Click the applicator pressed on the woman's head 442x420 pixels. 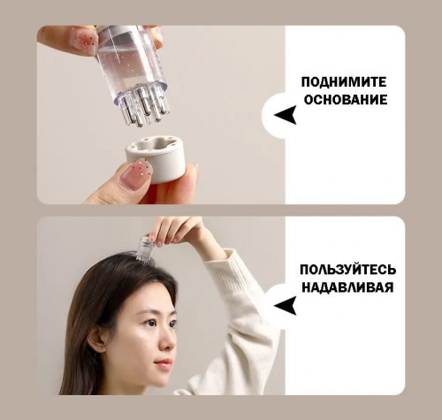point(147,248)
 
